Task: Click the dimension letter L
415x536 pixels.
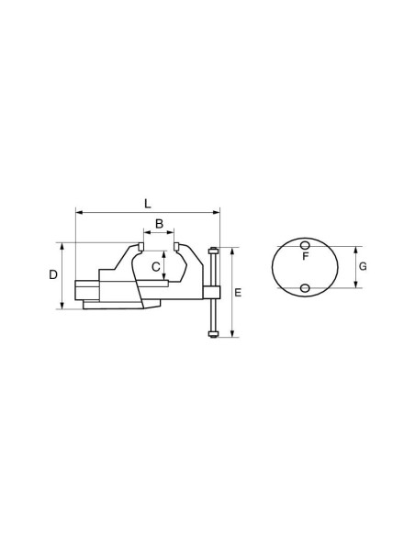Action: (x=147, y=204)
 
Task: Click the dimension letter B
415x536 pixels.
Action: (x=160, y=224)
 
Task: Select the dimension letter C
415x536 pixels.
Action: (x=156, y=267)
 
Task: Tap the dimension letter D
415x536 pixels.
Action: (x=53, y=274)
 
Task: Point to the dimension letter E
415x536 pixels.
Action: (x=238, y=293)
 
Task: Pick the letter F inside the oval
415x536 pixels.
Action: (x=306, y=256)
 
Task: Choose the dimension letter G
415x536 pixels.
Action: (x=363, y=266)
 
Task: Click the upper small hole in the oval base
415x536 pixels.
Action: (x=305, y=245)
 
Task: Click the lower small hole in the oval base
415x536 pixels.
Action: (x=305, y=288)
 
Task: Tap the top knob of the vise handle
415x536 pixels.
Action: (x=213, y=251)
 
